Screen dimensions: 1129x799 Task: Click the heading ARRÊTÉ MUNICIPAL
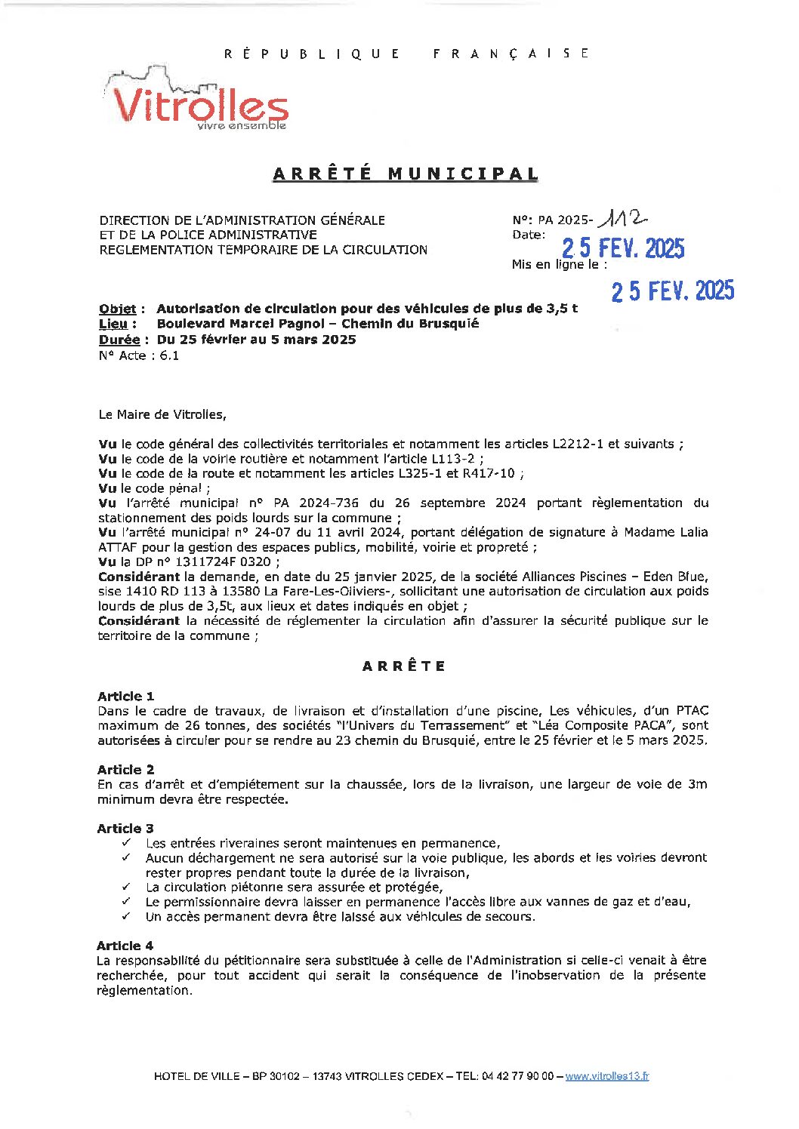406,174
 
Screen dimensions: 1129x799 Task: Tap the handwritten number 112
622,219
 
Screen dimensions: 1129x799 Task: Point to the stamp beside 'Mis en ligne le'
672,291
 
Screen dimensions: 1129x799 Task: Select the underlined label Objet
118,309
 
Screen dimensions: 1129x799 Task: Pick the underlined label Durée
119,340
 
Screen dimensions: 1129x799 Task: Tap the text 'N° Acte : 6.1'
139,355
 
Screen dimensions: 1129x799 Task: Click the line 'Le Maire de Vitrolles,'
162,414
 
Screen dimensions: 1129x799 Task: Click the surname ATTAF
119,547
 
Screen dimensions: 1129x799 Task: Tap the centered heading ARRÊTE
404,666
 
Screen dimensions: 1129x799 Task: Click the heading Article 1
125,696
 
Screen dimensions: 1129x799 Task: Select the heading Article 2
125,770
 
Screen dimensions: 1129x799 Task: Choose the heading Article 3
125,829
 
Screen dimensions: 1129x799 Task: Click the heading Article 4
125,946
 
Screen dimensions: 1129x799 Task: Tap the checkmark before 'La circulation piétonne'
126,887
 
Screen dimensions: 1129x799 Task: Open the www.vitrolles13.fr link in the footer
606,1076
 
